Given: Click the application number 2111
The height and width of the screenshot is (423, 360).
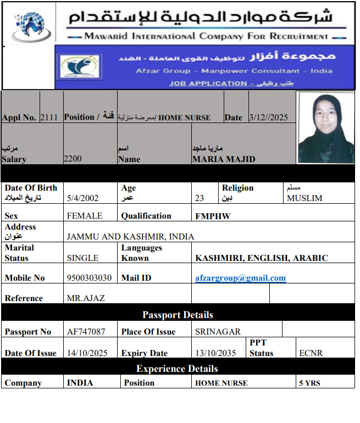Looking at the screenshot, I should pyautogui.click(x=48, y=117).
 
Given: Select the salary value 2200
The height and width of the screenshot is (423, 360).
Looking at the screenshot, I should pyautogui.click(x=73, y=159).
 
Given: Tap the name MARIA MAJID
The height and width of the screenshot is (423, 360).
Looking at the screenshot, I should pyautogui.click(x=224, y=159).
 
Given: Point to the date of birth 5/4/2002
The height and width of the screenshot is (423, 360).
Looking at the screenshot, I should pyautogui.click(x=83, y=198).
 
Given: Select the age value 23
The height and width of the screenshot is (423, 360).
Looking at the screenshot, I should pyautogui.click(x=200, y=198).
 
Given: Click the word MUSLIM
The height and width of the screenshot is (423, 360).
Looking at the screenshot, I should pyautogui.click(x=304, y=198).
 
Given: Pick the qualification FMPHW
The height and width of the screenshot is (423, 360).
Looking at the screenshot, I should pyautogui.click(x=213, y=216).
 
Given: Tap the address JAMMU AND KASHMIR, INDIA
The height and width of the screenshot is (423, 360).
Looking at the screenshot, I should pyautogui.click(x=130, y=237).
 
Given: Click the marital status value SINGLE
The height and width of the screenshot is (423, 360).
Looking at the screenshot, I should pyautogui.click(x=82, y=258).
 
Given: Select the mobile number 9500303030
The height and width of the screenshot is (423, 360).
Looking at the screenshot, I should pyautogui.click(x=89, y=278).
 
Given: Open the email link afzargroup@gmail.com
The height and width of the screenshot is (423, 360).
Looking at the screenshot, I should pyautogui.click(x=240, y=278).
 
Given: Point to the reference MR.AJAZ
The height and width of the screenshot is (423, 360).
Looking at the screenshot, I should pyautogui.click(x=86, y=298).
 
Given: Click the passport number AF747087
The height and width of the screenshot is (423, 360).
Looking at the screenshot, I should pyautogui.click(x=86, y=332).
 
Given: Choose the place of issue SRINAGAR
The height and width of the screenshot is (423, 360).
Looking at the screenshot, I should pyautogui.click(x=218, y=332).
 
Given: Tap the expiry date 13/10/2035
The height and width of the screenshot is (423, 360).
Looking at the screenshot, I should pyautogui.click(x=215, y=353).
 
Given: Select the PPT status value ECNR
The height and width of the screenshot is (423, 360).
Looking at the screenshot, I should pyautogui.click(x=311, y=353).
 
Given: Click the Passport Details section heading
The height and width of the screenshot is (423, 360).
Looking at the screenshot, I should pyautogui.click(x=178, y=315).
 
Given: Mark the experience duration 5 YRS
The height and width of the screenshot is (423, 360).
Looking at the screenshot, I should pyautogui.click(x=309, y=383).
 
